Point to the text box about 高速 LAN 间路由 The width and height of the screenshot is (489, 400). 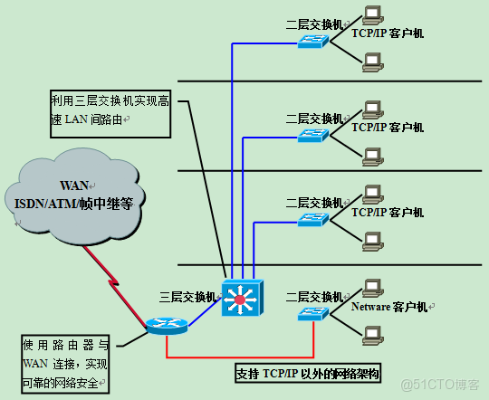110,110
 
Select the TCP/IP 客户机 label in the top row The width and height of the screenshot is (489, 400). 388,33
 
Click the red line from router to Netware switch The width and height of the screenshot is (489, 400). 244,358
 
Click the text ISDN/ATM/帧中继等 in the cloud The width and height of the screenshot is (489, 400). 74,204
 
